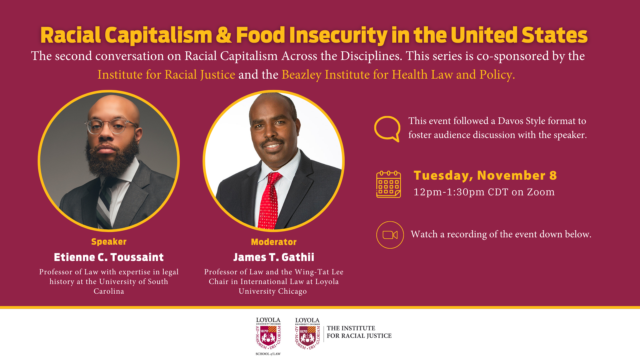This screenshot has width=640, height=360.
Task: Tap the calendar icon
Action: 389,184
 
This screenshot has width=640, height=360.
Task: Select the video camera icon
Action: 390,235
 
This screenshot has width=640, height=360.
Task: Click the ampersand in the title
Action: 224,35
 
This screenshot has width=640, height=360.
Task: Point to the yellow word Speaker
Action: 109,242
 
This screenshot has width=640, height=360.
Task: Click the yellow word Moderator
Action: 274,242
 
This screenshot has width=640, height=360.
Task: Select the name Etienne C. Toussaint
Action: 109,257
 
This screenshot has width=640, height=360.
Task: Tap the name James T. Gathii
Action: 274,257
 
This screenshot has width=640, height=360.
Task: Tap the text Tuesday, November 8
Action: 485,176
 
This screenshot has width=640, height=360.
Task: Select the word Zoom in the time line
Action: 541,192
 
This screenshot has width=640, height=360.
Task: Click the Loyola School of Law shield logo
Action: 268,336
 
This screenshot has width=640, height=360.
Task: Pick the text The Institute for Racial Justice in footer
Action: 359,332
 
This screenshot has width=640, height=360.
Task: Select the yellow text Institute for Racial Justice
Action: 166,75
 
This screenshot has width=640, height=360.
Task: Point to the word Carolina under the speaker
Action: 109,291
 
